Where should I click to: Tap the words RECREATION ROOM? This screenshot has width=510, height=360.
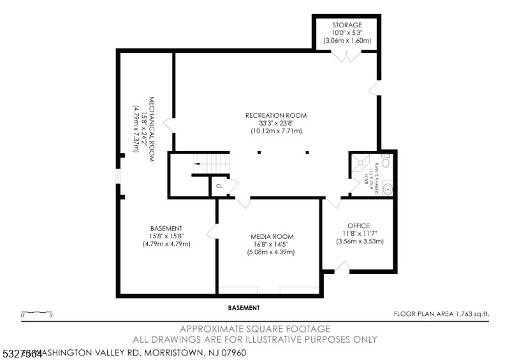point(276,115)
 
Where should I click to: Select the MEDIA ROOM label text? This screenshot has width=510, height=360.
point(272,236)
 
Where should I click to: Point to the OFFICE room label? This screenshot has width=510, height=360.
point(358,226)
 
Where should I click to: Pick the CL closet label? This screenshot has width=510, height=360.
point(219,186)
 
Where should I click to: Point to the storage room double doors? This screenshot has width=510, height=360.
point(346,57)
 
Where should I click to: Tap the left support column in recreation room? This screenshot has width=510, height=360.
point(259,152)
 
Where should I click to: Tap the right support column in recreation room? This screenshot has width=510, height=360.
point(307,152)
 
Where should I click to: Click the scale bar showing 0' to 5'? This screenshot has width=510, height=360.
point(37,313)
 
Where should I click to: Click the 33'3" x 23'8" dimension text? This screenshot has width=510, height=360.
point(276,123)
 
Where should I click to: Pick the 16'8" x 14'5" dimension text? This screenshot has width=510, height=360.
point(272,244)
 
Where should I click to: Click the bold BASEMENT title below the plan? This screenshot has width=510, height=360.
point(244,308)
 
